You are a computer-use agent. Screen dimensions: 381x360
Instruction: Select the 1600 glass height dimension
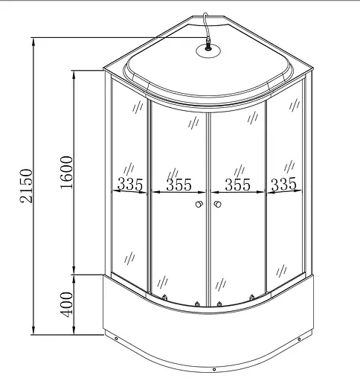(x=66, y=173)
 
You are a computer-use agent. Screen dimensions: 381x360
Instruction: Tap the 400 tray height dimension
(x=66, y=304)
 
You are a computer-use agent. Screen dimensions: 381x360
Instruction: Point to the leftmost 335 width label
(x=130, y=185)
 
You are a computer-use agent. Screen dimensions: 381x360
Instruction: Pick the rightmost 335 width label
(x=284, y=185)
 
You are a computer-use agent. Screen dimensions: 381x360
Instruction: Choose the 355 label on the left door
(x=179, y=185)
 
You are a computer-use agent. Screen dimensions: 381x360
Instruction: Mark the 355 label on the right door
(x=237, y=185)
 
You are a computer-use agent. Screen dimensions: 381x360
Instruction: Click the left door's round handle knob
(x=200, y=205)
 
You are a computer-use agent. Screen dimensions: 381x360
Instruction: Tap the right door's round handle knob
(x=217, y=205)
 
